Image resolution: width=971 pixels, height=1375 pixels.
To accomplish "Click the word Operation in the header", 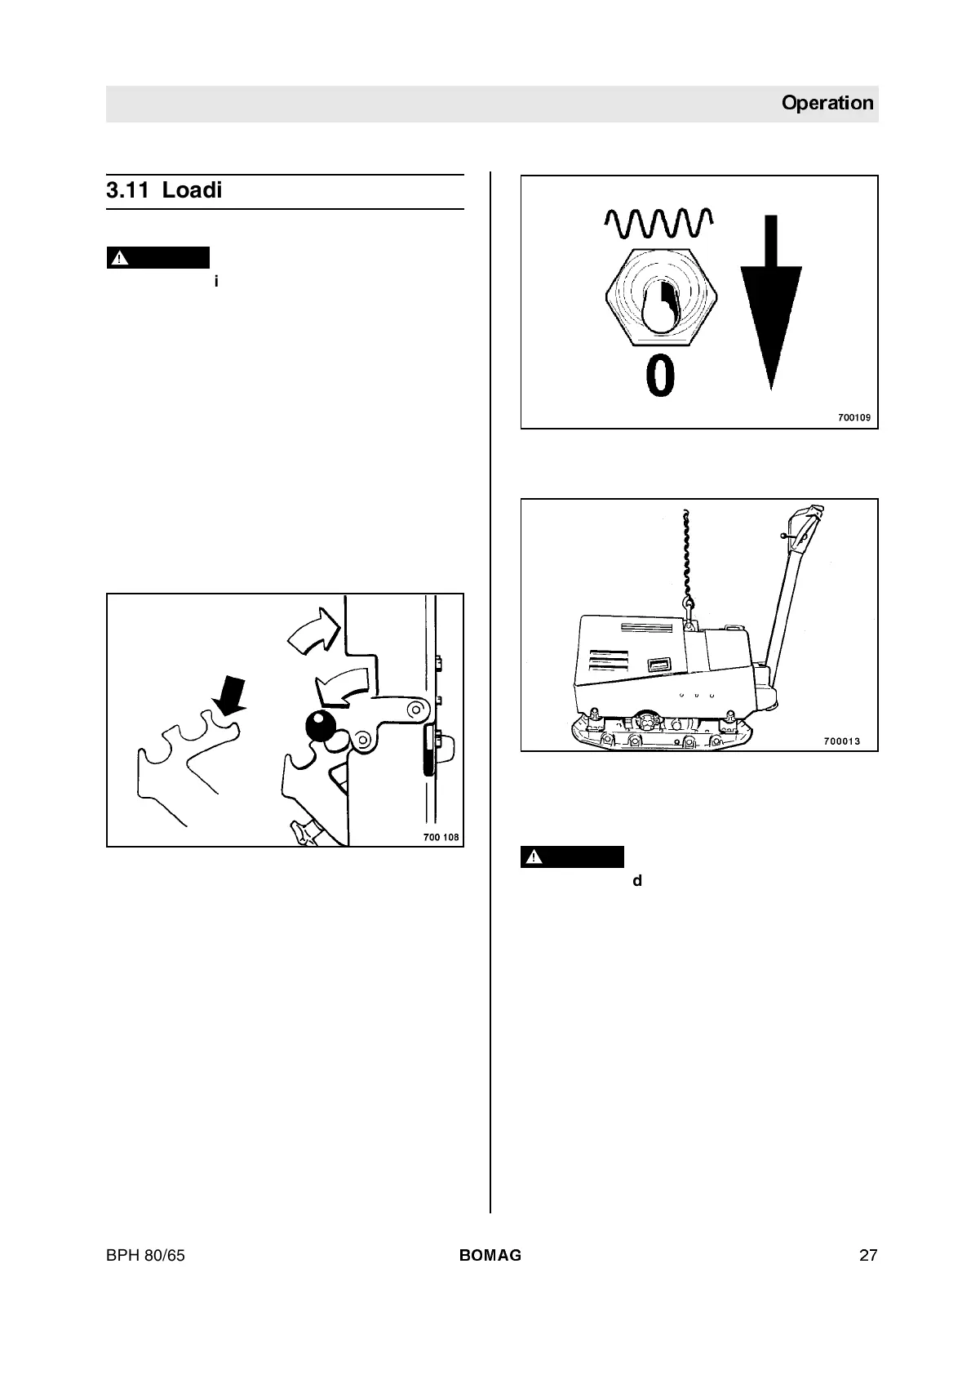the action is (827, 103).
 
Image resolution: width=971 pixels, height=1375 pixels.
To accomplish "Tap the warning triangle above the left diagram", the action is (120, 258).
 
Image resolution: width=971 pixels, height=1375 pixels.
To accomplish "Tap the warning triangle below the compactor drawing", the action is (534, 857).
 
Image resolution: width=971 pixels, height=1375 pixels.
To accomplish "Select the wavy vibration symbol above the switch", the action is (659, 223).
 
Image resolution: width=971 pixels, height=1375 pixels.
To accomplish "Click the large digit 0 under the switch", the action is (660, 376).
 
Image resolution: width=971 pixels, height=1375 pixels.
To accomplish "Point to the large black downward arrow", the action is (770, 302).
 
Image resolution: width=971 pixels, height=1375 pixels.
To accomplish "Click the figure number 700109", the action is (854, 418).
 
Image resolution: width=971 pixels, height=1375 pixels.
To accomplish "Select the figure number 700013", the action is (842, 741).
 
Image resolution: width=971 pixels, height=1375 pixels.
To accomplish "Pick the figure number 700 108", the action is (441, 837).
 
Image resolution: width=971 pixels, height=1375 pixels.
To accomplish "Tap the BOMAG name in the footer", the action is (490, 1256).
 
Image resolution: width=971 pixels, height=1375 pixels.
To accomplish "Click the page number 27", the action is (867, 1256).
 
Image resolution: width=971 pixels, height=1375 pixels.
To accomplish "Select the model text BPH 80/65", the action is (145, 1256).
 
